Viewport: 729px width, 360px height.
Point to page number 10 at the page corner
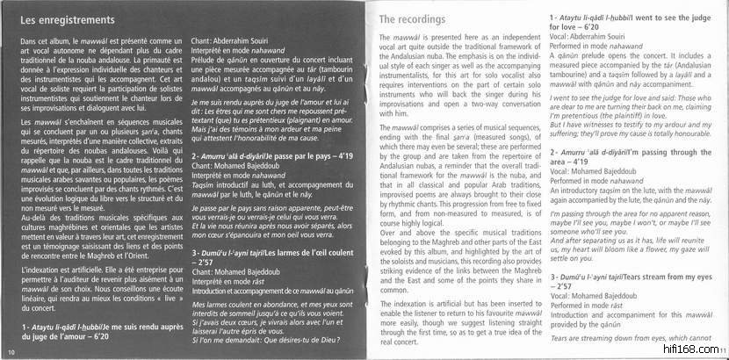pos(10,353)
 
